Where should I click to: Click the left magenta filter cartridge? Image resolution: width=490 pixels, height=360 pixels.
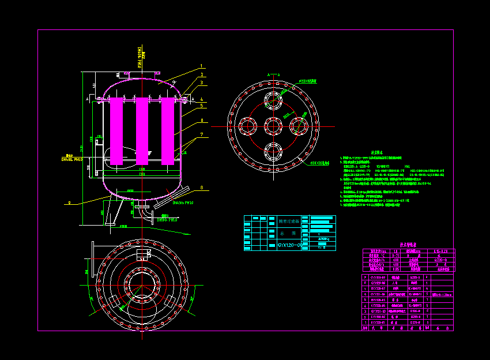click(x=116, y=130)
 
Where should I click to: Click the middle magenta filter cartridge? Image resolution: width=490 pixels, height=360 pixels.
click(x=142, y=130)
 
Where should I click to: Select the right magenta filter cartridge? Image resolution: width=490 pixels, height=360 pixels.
click(x=168, y=130)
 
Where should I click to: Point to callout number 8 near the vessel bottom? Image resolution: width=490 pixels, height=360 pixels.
click(x=201, y=187)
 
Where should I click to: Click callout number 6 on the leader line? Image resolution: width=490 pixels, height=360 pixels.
click(x=201, y=121)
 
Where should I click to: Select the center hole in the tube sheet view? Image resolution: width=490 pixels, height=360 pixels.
click(x=273, y=126)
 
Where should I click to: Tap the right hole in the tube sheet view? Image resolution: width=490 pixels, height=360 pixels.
click(x=299, y=126)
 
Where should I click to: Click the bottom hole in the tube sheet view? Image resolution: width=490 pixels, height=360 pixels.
click(x=273, y=152)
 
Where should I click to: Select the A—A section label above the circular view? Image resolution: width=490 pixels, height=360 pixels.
click(x=273, y=74)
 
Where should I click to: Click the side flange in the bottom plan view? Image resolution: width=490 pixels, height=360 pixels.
click(x=94, y=253)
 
